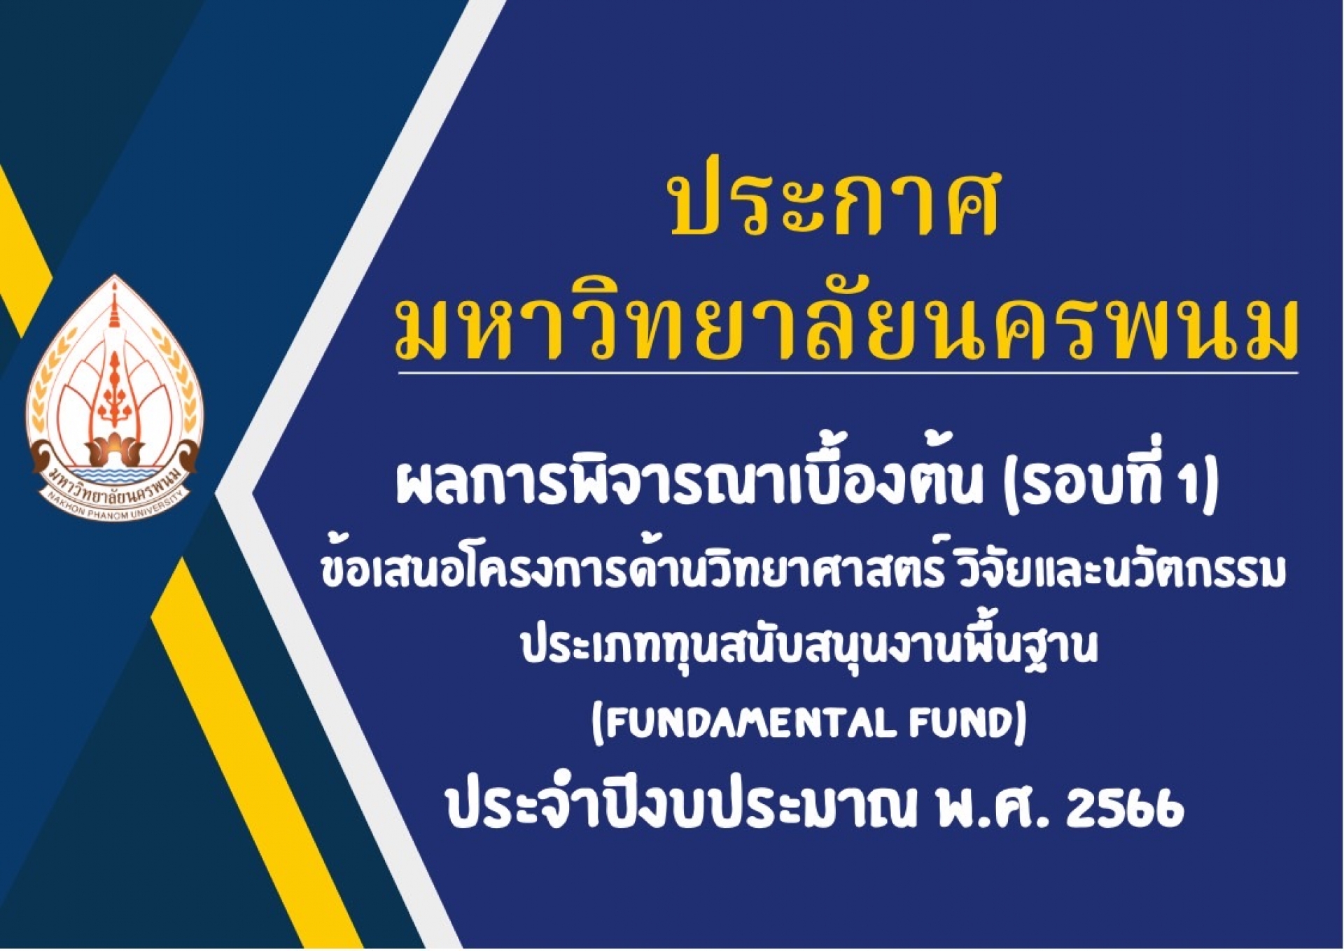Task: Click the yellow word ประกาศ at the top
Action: point(834,204)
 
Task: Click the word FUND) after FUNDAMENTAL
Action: point(968,723)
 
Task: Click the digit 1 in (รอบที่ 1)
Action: point(1187,486)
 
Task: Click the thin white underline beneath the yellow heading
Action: point(848,373)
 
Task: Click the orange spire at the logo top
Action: point(114,308)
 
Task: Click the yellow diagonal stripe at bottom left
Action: point(259,756)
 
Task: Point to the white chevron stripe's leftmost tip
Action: point(216,493)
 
